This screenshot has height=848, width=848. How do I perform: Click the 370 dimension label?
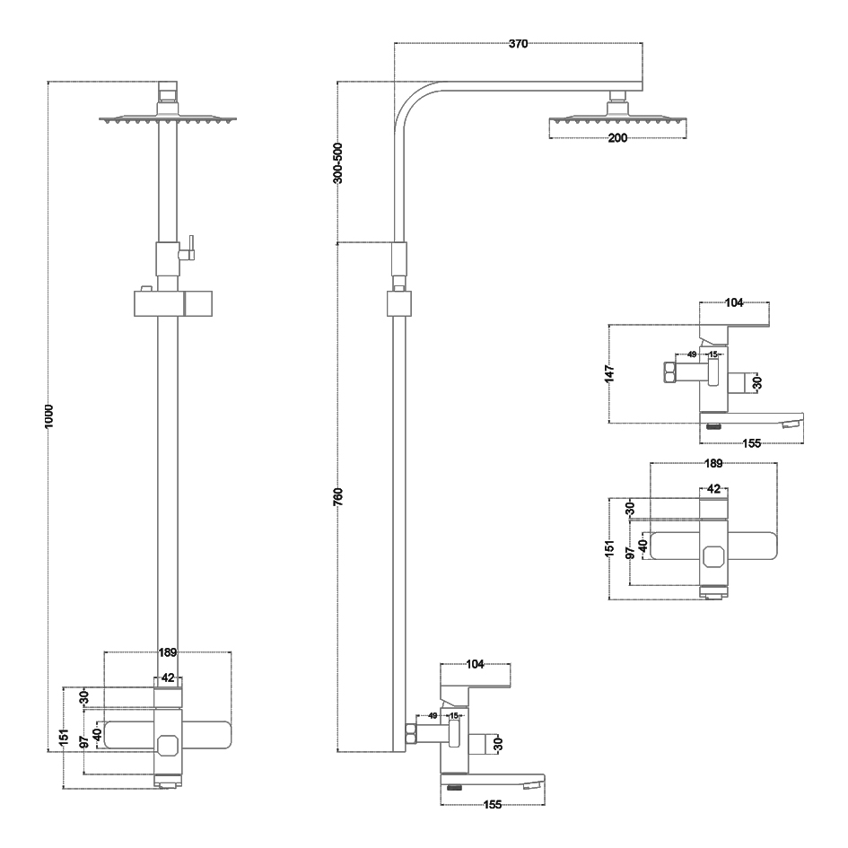point(518,44)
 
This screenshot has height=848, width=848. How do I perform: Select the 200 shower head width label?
point(617,137)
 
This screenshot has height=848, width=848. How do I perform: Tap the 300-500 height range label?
point(337,162)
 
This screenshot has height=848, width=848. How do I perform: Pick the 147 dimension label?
point(609,372)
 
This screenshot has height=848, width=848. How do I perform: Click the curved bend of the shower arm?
point(409,99)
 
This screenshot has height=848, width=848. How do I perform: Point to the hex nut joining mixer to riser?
point(411,733)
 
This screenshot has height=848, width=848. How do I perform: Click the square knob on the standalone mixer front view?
point(713,556)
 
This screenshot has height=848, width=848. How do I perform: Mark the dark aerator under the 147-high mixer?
point(713,426)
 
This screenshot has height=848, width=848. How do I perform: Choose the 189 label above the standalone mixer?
point(713,464)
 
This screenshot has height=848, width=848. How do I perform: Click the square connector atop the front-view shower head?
point(168,91)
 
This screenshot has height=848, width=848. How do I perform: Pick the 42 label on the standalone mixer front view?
point(713,489)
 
